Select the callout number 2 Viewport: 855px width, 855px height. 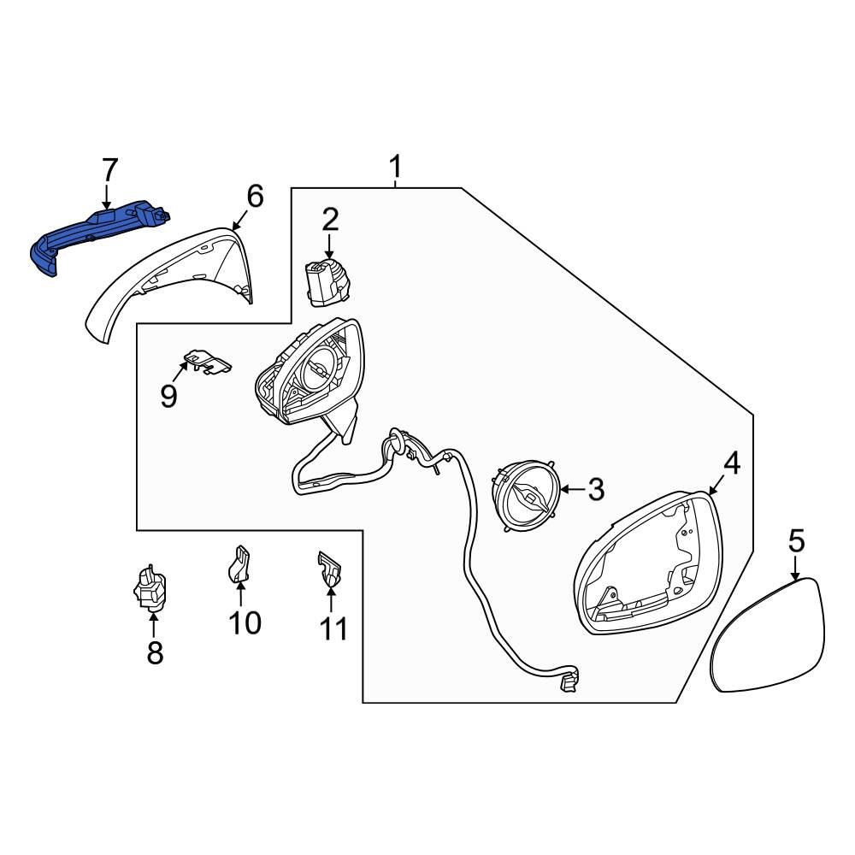pyautogui.click(x=330, y=220)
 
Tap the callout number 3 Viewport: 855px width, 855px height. pyautogui.click(x=596, y=490)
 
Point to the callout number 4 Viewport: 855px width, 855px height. pyautogui.click(x=731, y=463)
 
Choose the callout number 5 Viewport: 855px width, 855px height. pyautogui.click(x=796, y=540)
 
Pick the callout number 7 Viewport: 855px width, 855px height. pyautogui.click(x=109, y=170)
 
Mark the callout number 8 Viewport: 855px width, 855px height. pyautogui.click(x=154, y=652)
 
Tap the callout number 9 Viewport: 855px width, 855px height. pyautogui.click(x=168, y=395)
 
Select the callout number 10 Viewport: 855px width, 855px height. pyautogui.click(x=245, y=622)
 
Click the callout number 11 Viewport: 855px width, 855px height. pyautogui.click(x=333, y=628)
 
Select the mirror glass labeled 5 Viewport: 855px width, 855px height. pyautogui.click(x=769, y=637)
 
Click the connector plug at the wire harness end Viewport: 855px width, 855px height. pyautogui.click(x=567, y=682)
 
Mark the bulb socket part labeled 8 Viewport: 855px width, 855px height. pyautogui.click(x=150, y=588)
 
